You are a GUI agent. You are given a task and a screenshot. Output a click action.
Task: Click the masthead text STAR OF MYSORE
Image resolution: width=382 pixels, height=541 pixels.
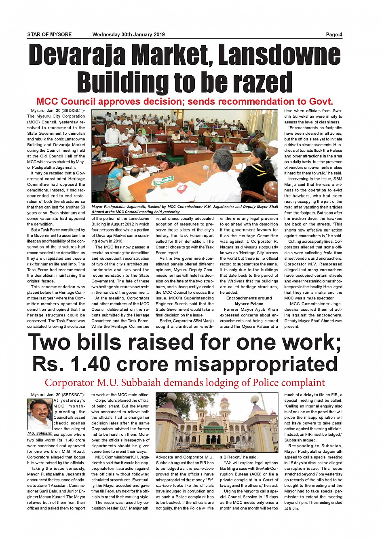click(49, 34)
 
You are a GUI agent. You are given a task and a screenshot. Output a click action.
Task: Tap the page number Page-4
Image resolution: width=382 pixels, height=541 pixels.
click(334, 34)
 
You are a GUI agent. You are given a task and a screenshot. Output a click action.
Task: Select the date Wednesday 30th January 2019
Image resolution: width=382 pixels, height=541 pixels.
click(129, 34)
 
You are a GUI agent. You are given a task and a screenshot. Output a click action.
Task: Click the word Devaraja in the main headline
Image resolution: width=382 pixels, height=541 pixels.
click(77, 55)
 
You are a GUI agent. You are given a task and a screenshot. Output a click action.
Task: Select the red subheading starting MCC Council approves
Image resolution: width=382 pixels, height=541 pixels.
click(184, 101)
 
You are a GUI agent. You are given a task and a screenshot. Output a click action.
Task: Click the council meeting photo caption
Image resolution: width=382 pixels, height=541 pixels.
click(184, 209)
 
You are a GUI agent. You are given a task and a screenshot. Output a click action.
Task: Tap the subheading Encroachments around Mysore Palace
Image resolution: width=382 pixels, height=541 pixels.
click(249, 301)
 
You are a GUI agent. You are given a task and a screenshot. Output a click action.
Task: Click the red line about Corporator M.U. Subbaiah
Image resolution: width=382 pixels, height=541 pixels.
click(184, 382)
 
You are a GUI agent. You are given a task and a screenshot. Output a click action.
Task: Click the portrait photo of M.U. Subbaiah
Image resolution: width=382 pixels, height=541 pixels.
click(40, 414)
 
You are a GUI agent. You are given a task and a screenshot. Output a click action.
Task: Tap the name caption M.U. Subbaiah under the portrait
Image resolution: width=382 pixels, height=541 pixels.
click(40, 433)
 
